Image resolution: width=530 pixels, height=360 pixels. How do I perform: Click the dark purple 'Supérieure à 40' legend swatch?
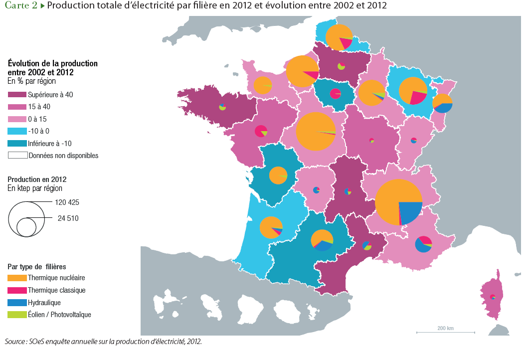coord(17,94)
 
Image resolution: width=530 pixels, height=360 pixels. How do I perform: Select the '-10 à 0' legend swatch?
coord(17,131)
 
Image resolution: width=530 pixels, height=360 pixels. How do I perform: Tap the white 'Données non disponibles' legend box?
coord(17,155)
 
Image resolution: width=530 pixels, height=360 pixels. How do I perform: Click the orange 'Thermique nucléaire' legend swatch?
coord(17,278)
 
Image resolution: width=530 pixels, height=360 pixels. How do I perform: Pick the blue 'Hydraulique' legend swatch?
coord(17,302)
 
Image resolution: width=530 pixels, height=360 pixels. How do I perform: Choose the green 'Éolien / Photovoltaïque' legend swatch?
coord(17,315)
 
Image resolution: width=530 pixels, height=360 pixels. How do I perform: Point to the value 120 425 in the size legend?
coord(68,202)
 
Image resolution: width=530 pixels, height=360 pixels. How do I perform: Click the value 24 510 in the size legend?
coord(68,218)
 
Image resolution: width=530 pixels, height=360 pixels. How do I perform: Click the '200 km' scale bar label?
coord(445,328)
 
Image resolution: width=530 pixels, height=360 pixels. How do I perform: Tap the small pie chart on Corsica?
coord(493,297)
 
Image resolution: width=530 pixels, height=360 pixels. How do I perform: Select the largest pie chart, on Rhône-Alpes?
coord(398,202)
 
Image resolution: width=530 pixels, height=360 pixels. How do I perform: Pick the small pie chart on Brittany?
coord(222,107)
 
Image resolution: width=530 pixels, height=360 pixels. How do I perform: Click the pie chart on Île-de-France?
coord(335,93)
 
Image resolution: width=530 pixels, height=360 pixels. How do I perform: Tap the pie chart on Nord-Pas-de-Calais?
coord(339,37)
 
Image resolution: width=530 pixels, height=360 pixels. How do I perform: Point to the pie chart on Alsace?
coord(442,104)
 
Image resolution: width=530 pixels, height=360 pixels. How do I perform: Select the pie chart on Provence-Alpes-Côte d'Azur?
coord(423,244)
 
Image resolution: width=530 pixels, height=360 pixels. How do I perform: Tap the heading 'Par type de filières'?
coord(37,267)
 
